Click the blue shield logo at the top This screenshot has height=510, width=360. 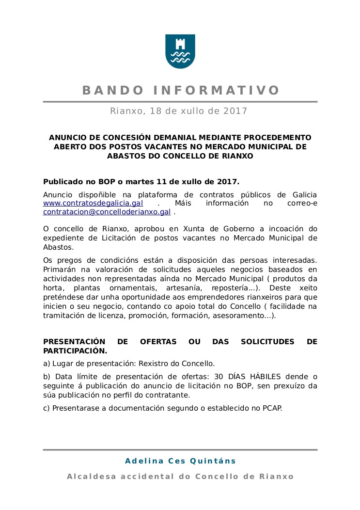(180, 51)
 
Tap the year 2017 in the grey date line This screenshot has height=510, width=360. (235, 111)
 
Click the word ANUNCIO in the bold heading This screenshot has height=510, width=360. (67, 138)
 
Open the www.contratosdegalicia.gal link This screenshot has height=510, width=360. (93, 203)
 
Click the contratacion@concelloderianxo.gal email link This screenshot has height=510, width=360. (107, 212)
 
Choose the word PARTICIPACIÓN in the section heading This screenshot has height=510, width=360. (75, 351)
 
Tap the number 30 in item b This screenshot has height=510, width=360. (220, 376)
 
